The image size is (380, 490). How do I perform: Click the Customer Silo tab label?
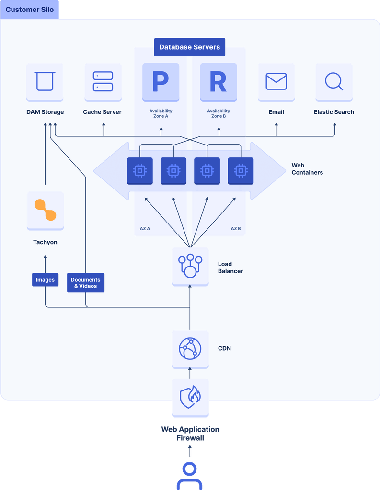point(30,10)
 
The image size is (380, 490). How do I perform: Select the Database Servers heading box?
point(189,47)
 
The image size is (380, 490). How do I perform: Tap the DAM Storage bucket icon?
point(45,81)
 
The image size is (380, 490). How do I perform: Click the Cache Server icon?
point(103,81)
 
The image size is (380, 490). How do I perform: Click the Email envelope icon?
point(276,81)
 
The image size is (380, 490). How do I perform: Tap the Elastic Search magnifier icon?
point(334,81)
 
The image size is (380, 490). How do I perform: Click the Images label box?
point(45,280)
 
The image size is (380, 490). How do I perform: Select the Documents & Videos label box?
point(86,283)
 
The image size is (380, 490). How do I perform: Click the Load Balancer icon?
point(190,266)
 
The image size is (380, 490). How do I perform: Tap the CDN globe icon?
point(190,349)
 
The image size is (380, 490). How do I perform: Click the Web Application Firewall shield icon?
point(190,397)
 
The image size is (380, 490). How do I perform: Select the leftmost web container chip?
point(140,170)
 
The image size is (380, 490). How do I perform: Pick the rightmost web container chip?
point(241,170)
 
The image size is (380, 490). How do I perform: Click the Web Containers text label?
point(307,169)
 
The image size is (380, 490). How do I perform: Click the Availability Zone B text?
point(219,113)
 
